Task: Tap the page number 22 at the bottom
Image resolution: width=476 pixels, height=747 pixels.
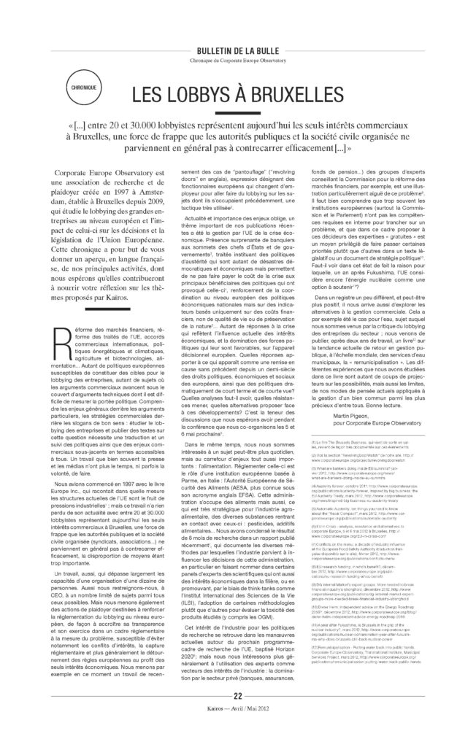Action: pos(238,715)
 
